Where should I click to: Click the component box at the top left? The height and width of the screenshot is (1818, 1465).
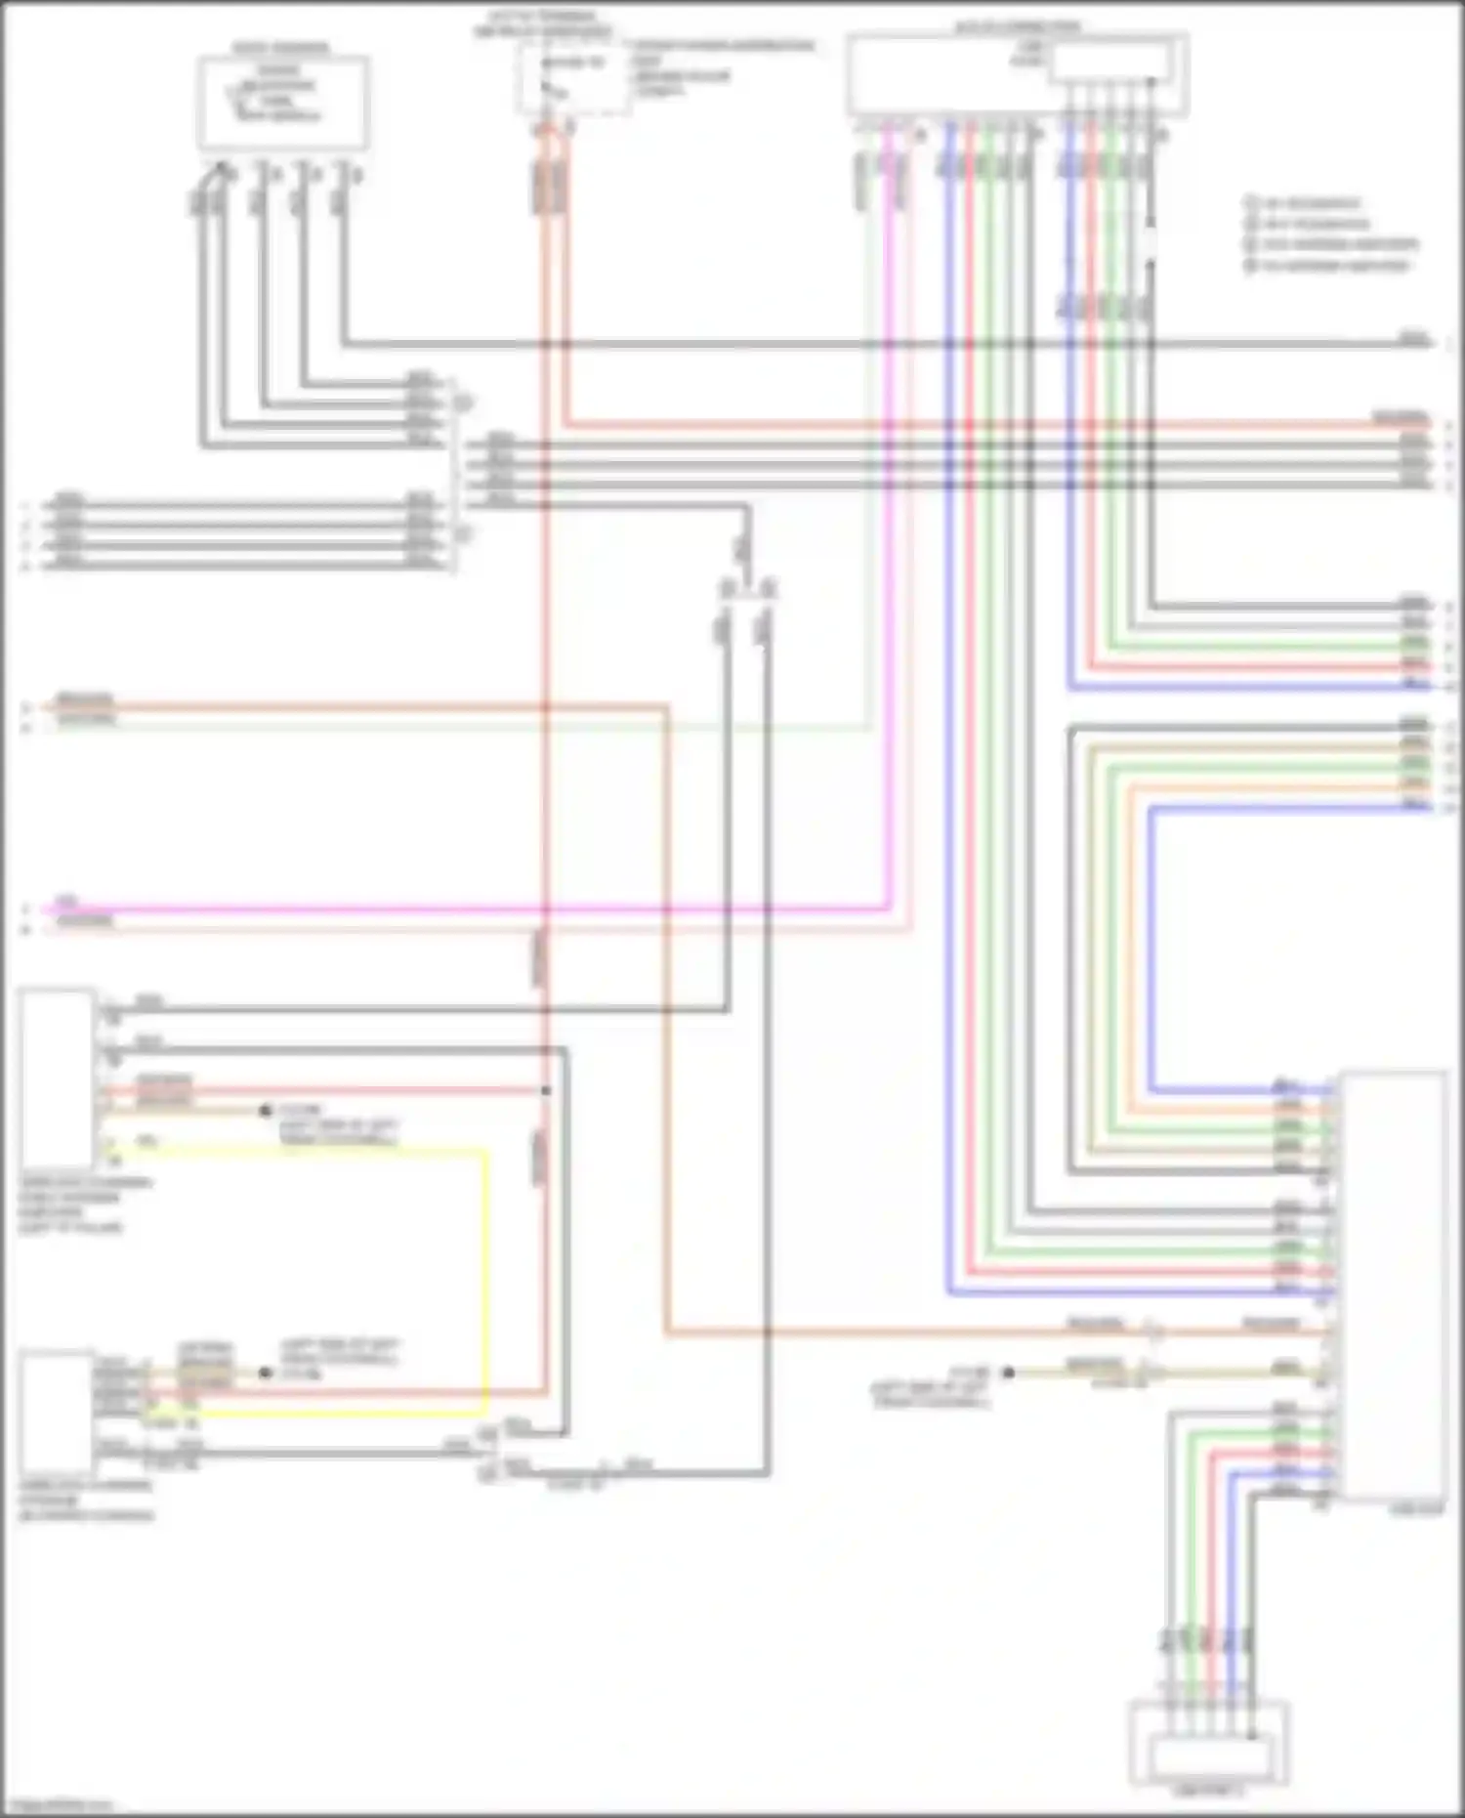click(x=282, y=103)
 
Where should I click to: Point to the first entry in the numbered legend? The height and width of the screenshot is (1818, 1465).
click(x=1305, y=203)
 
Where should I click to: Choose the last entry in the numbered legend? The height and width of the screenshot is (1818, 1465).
click(x=1328, y=266)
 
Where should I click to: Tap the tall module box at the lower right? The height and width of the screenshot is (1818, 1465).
click(x=1393, y=1285)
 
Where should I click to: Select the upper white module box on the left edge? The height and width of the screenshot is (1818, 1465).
click(x=57, y=1079)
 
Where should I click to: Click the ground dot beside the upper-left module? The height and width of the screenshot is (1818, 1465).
click(x=265, y=1111)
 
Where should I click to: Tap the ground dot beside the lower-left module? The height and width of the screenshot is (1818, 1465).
click(x=265, y=1373)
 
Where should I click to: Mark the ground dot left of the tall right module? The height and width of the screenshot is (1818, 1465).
click(x=1009, y=1373)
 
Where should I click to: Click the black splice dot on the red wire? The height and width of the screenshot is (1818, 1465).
click(x=546, y=1090)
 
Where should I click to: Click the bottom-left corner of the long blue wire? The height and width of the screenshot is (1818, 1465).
click(x=949, y=1293)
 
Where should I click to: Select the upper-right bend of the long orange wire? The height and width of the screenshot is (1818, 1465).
click(x=668, y=706)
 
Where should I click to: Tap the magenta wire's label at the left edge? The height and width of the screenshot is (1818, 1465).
click(x=66, y=900)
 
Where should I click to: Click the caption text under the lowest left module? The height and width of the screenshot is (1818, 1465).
click(x=86, y=1501)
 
